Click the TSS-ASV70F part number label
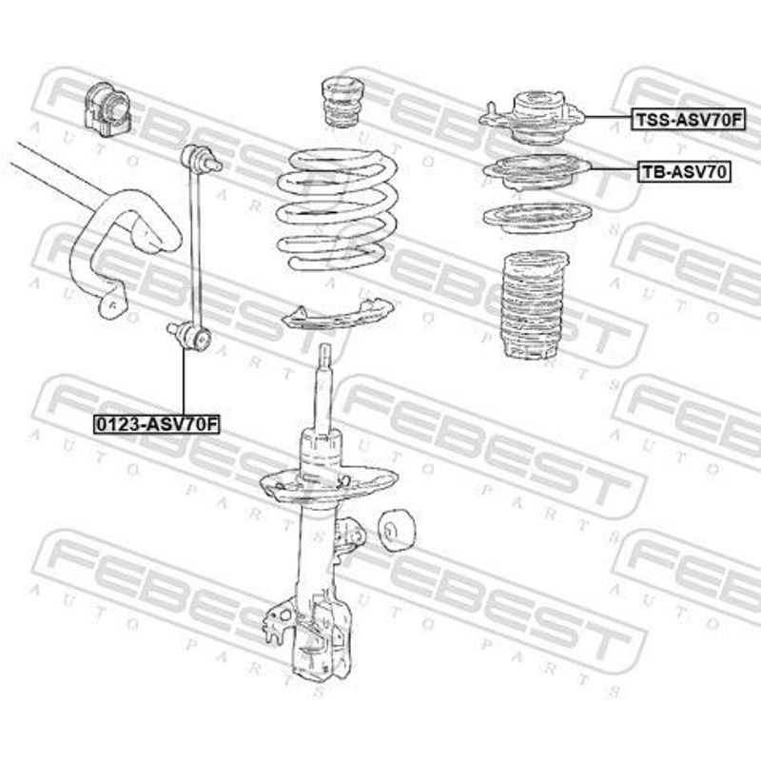tap(688, 119)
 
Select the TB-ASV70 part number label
tap(684, 171)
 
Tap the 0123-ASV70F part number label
tap(157, 424)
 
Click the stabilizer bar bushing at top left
tap(107, 111)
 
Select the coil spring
tap(339, 209)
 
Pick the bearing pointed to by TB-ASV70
tap(537, 171)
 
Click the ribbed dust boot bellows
tap(533, 306)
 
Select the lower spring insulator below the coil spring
tap(337, 316)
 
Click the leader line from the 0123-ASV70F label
tap(184, 382)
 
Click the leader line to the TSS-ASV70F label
tap(608, 117)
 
